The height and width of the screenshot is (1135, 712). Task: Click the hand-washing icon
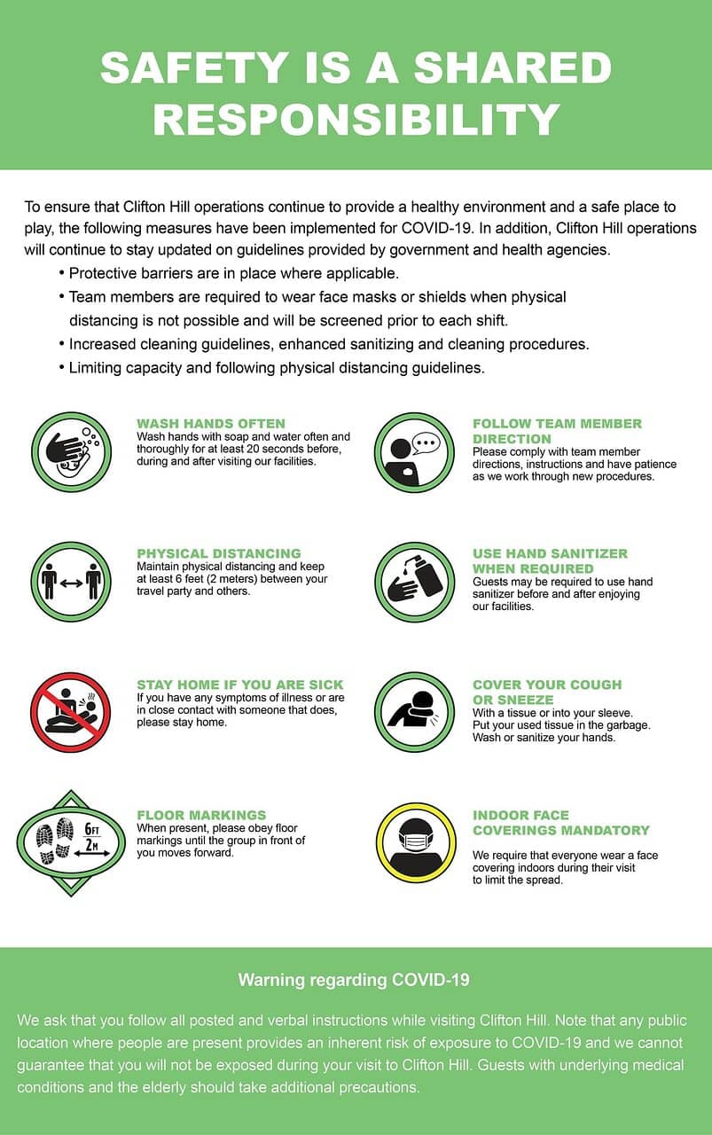70,451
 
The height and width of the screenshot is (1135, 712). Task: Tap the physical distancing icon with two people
70,582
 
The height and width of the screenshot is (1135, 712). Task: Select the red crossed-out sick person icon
70,712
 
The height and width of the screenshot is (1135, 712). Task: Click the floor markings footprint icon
71,842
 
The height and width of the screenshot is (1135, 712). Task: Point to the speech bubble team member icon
414,451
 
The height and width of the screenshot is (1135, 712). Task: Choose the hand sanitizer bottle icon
414,582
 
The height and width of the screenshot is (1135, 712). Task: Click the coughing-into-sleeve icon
414,712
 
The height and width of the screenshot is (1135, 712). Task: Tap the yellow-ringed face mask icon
415,842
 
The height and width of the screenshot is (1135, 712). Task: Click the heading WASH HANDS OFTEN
210,424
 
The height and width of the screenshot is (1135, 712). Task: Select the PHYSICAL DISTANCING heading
218,553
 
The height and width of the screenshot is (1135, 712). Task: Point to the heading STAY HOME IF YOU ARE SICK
239,685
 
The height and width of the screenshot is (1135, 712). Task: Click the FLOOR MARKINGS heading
200,815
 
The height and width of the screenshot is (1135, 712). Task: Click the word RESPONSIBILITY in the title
356,120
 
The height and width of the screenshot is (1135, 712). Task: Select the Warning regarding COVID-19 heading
353,980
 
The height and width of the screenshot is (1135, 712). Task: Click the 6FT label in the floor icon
92,828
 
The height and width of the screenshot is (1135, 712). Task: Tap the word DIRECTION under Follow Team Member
511,439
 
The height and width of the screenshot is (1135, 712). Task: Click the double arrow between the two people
71,583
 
